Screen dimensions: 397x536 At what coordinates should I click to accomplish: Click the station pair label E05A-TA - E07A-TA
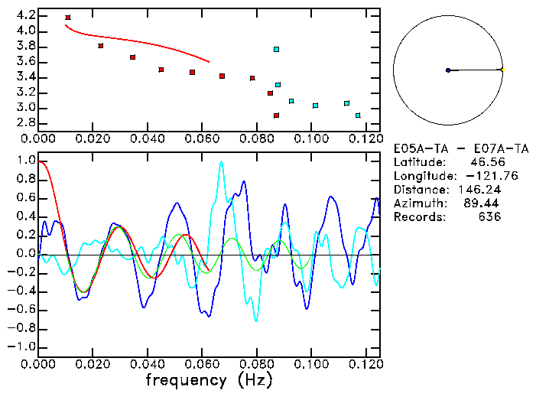pos(447,148)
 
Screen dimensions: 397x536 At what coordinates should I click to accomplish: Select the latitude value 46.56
pos(483,162)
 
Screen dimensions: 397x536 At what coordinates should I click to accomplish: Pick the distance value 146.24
pos(479,190)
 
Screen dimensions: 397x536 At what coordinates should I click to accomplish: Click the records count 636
pos(490,217)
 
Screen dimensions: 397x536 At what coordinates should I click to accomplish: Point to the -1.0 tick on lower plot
pos(22,347)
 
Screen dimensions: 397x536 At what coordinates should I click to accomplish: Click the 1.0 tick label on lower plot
pos(25,161)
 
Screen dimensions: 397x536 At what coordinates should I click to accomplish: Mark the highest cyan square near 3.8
pos(277,49)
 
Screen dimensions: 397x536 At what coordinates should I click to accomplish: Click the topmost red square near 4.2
pos(68,18)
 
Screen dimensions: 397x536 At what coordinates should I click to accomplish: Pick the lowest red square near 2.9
pos(277,116)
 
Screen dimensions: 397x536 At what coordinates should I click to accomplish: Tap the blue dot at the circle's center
pos(448,70)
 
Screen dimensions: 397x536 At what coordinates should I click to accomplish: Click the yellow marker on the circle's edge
pos(502,70)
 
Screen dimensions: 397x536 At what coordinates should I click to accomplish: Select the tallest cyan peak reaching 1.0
pos(221,162)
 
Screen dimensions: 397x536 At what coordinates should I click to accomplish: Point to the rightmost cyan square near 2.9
pos(358,116)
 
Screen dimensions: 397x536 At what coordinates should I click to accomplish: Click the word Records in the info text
pos(417,217)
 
